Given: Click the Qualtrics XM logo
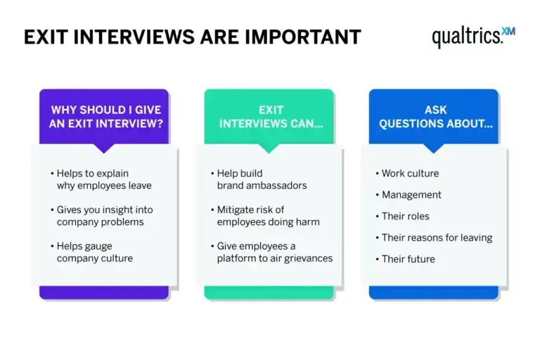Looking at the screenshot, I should tap(472, 36).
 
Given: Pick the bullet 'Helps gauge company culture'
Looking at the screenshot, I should tap(94, 252).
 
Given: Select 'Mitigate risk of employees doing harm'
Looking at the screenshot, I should tap(267, 216).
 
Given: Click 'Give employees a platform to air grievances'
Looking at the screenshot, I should tap(273, 252).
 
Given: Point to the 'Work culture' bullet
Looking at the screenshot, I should tap(409, 173).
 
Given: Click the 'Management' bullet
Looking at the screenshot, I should tap(411, 195).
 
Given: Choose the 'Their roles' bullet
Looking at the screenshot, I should tap(405, 216).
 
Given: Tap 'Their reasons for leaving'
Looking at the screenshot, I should tap(436, 238).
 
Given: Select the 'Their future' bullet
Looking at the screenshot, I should tap(408, 259).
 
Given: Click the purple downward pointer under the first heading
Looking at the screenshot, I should tap(104, 148).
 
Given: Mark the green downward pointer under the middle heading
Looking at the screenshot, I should tap(268, 148).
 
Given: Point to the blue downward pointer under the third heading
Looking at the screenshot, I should tap(433, 148).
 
